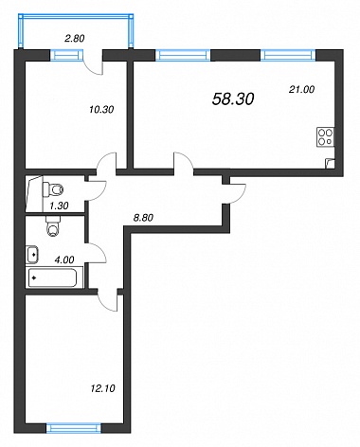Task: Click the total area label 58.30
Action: (233, 99)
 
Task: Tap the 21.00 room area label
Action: (301, 90)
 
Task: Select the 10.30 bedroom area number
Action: (101, 110)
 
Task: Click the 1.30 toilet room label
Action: (59, 206)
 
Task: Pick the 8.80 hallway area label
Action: (143, 218)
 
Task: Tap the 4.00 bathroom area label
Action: (64, 259)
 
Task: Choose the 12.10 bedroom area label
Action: (102, 388)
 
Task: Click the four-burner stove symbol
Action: (326, 137)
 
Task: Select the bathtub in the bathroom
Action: (52, 277)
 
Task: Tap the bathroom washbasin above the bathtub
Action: (33, 255)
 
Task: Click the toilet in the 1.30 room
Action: (53, 189)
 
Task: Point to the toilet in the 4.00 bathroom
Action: (52, 226)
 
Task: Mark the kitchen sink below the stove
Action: (330, 163)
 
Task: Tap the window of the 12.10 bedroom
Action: (73, 428)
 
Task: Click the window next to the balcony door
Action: (66, 55)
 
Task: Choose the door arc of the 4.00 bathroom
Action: (99, 252)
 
